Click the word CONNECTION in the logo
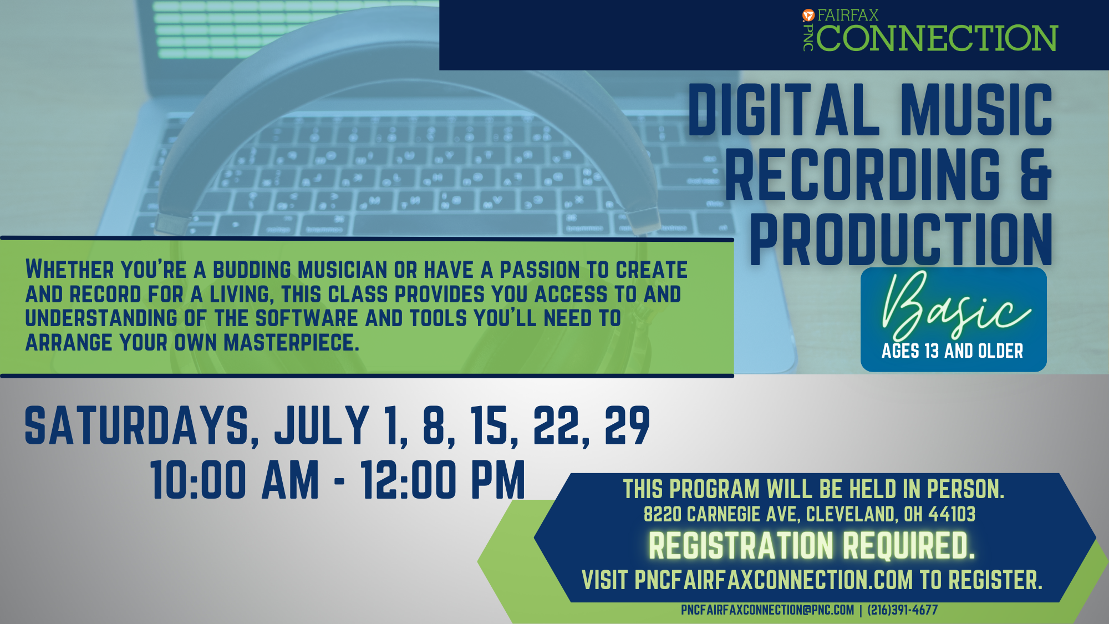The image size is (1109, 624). (x=937, y=38)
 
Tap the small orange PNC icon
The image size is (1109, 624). (x=808, y=16)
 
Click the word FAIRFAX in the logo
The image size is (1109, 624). (x=848, y=16)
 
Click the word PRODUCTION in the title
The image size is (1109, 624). (x=901, y=240)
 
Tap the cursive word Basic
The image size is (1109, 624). (x=955, y=305)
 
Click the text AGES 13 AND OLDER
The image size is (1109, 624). (x=952, y=351)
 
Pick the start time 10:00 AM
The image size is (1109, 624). (x=235, y=480)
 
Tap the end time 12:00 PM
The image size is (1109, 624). (x=442, y=480)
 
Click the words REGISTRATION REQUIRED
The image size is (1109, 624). (x=812, y=546)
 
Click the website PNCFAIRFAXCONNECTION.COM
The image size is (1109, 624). (x=774, y=580)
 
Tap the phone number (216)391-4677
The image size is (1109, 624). (x=903, y=610)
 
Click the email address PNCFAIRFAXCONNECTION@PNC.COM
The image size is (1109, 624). (x=767, y=610)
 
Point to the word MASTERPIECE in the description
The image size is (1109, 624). (x=291, y=342)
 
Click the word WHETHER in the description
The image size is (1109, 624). (x=70, y=270)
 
